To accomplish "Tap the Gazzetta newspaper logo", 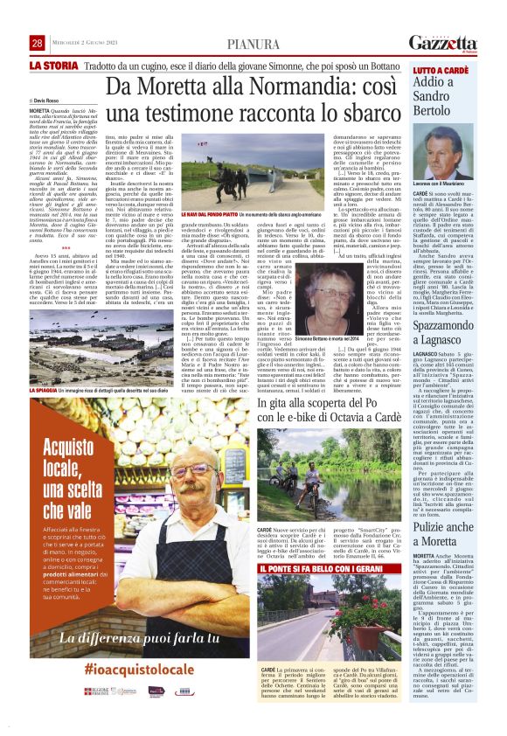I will pyautogui.click(x=443, y=42).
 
